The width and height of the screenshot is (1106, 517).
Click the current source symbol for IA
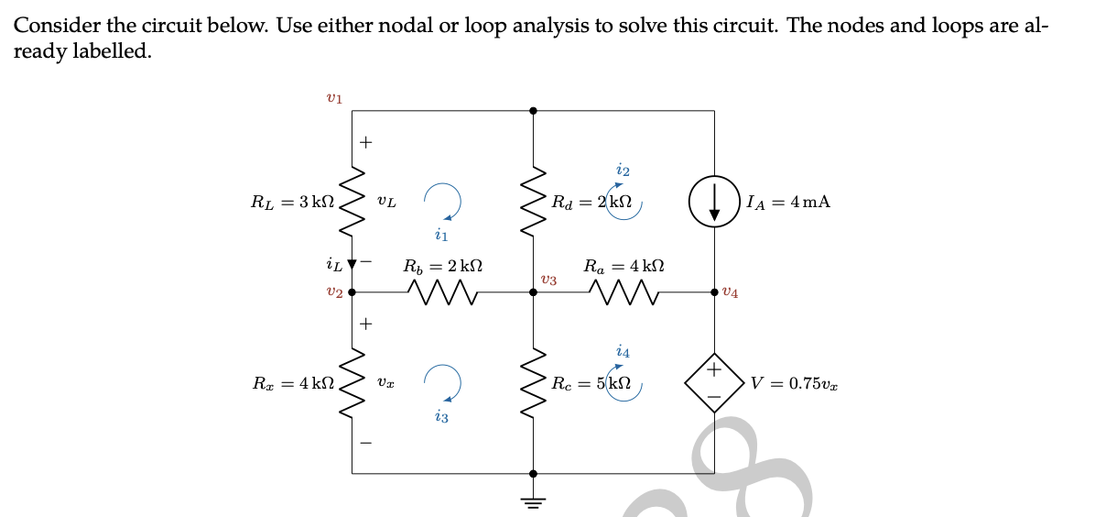point(716,201)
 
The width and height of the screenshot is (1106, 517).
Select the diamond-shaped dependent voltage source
point(716,383)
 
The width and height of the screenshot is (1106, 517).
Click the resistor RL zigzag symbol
point(352,201)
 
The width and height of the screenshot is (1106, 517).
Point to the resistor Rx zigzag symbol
point(352,383)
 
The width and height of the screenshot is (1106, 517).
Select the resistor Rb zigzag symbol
point(443,292)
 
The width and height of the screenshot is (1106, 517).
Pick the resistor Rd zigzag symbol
point(534,201)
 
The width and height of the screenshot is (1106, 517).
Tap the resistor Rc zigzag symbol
point(534,383)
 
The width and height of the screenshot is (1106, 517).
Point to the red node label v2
point(334,292)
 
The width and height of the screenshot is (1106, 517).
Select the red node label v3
point(548,280)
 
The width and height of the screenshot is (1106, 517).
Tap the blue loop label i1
point(440,236)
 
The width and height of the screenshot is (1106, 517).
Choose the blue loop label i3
point(441,417)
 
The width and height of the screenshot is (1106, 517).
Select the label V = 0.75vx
point(794,383)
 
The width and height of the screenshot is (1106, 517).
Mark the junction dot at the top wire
point(534,110)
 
